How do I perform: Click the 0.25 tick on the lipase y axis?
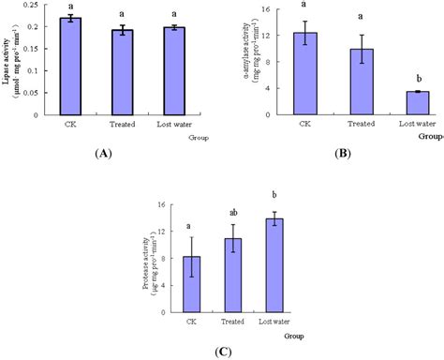(x=33, y=7)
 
